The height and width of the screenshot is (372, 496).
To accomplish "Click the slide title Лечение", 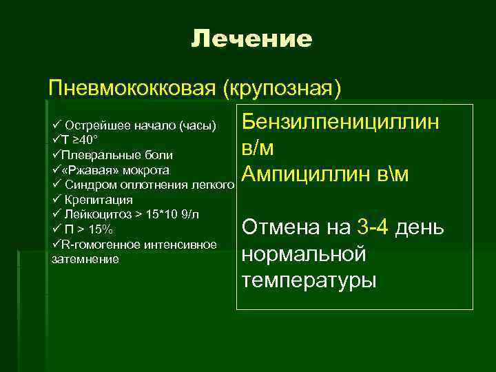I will pyautogui.click(x=251, y=39).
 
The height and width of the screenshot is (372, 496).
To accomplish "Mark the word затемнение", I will pyautogui.click(x=85, y=259).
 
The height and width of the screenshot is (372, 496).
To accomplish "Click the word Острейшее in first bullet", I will pyautogui.click(x=95, y=126).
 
